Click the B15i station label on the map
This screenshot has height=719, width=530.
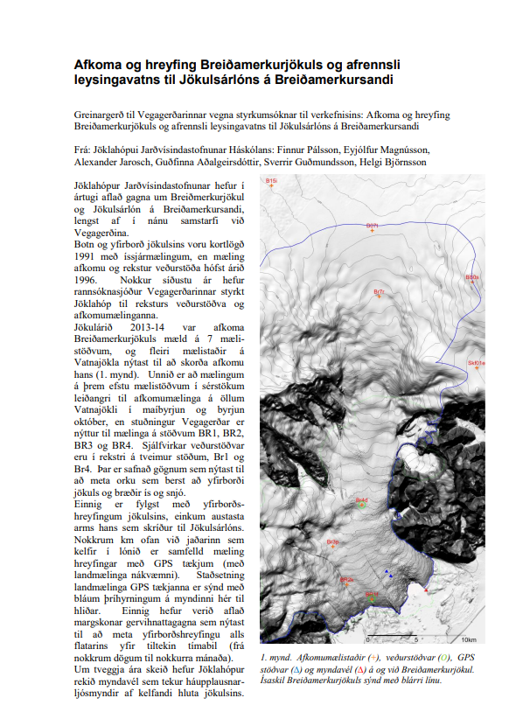pyautogui.click(x=271, y=180)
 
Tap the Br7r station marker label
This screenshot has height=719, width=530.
pyautogui.click(x=380, y=292)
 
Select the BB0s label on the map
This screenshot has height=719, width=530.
pyautogui.click(x=472, y=277)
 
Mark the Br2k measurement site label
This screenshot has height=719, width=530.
pyautogui.click(x=346, y=579)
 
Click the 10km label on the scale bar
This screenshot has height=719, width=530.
pyautogui.click(x=467, y=640)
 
